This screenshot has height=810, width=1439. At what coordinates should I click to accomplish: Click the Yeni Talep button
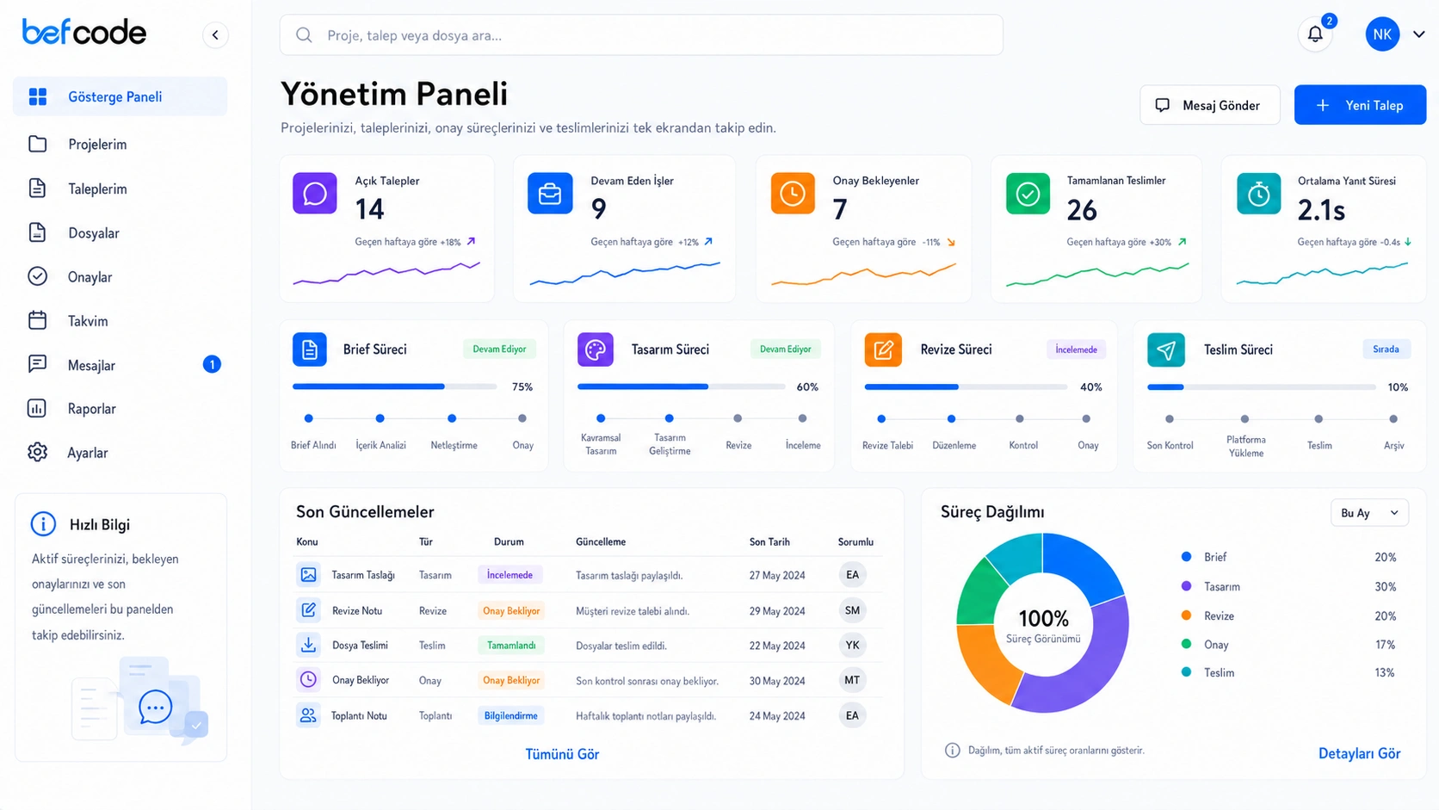(x=1360, y=105)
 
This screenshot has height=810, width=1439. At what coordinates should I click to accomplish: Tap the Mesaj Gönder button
(x=1210, y=105)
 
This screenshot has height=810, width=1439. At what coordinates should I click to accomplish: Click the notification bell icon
(x=1315, y=34)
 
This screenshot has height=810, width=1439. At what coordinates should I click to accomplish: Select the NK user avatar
(x=1382, y=34)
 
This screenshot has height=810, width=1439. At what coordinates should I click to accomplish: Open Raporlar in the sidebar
(x=91, y=409)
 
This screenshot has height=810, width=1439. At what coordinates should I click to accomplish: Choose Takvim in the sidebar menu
(x=88, y=320)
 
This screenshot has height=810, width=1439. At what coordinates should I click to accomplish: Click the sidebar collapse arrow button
(x=215, y=34)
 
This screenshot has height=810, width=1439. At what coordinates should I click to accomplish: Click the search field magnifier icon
(x=304, y=34)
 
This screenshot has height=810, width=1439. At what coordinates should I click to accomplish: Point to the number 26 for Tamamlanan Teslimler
(x=1082, y=210)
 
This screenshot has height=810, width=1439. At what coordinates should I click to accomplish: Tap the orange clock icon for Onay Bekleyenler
(x=793, y=193)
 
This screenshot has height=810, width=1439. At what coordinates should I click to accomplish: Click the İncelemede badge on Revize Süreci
(x=1076, y=349)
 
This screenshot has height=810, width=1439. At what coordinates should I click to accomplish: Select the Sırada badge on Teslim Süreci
(x=1386, y=349)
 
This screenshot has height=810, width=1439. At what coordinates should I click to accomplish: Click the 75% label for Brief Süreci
(x=522, y=386)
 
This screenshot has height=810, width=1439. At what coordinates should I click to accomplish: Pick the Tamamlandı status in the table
(x=510, y=645)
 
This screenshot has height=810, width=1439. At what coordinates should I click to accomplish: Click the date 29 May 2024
(x=776, y=610)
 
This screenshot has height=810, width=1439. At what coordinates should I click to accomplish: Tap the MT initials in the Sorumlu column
(x=852, y=680)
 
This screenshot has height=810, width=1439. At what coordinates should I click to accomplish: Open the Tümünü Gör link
(x=562, y=753)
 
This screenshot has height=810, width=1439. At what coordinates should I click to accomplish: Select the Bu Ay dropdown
(x=1369, y=512)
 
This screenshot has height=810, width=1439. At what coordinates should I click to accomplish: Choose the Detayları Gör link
(x=1359, y=753)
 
